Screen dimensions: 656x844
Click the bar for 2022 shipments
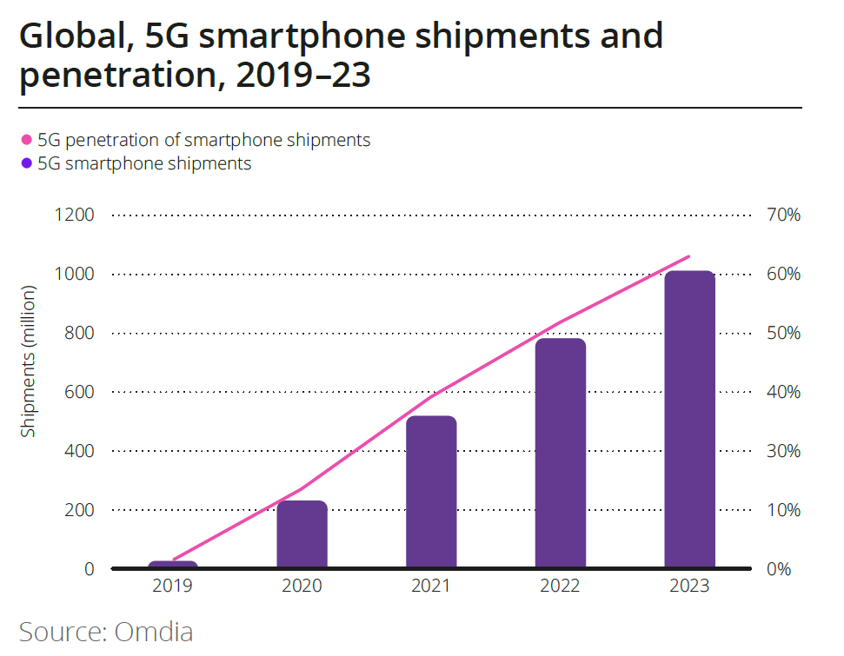561,453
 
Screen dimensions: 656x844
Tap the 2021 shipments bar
431,492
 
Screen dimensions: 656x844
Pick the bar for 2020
302,534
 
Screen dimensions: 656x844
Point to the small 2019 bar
173,565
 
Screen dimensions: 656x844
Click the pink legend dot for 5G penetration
26,140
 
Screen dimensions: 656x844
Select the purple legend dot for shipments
26,163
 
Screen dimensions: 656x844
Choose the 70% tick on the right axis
782,215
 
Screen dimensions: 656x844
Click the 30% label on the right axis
782,451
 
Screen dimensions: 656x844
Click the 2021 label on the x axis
431,586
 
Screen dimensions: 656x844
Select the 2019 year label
173,586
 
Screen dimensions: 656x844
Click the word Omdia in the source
154,631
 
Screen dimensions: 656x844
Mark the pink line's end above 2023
688,256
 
